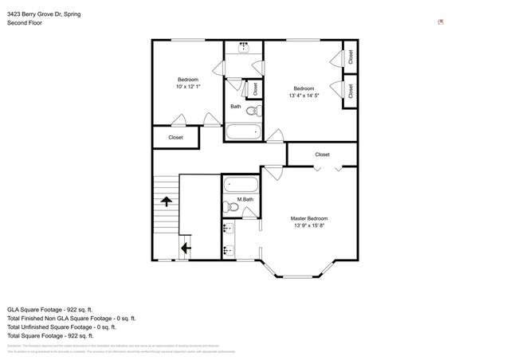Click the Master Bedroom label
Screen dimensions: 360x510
coord(308,218)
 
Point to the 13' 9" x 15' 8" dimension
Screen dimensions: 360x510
coord(308,225)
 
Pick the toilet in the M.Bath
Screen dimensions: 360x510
coord(233,207)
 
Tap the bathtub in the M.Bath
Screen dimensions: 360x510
coord(239,184)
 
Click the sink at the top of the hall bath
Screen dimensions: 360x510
coord(243,49)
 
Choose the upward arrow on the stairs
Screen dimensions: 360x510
coord(167,202)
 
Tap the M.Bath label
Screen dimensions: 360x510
coord(245,199)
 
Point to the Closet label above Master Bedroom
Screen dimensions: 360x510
coord(322,155)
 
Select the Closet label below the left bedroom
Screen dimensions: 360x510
coord(175,137)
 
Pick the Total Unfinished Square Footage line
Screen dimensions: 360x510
coord(61,327)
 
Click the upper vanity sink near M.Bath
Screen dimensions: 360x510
coord(228,229)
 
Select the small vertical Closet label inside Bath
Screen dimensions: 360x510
coord(255,88)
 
